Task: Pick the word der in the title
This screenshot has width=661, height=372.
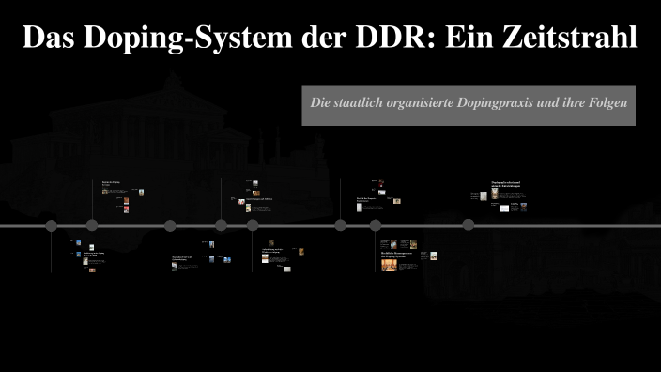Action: point(311,38)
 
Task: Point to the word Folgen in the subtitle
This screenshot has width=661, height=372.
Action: point(609,103)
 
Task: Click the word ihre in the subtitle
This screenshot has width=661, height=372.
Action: point(576,103)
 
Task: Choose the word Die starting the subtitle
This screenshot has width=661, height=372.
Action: point(322,103)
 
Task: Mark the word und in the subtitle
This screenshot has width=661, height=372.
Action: point(553,103)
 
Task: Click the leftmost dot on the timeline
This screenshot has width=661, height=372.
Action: point(52,225)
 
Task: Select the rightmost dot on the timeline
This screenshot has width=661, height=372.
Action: point(469,225)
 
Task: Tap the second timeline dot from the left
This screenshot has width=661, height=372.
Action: point(92,225)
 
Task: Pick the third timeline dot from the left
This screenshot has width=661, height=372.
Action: point(170,225)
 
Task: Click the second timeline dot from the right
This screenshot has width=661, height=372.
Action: point(376,225)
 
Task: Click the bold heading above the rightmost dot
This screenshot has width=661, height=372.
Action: point(505,184)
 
